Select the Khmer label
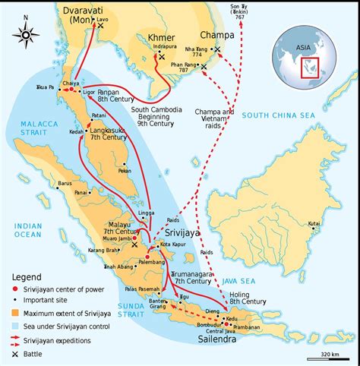[166, 37]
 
